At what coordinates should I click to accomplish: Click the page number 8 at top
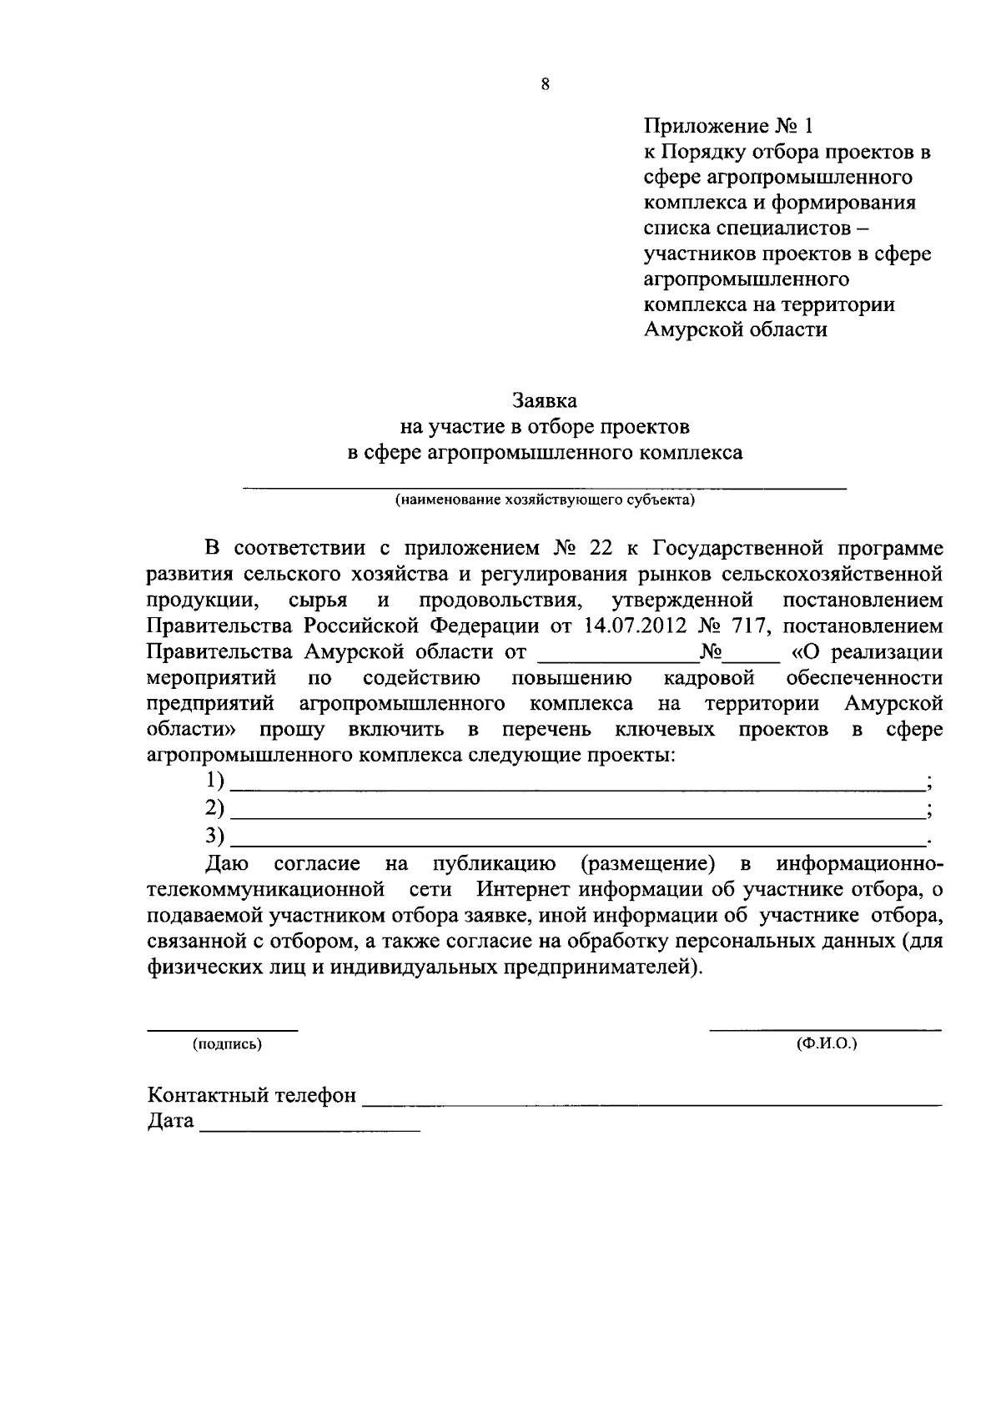point(545,83)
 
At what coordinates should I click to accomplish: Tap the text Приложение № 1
point(727,127)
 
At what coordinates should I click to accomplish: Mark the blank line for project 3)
point(576,842)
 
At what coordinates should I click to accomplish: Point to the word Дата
point(171,1121)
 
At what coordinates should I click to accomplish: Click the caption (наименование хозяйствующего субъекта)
point(545,500)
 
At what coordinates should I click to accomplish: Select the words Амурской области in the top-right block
point(736,329)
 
